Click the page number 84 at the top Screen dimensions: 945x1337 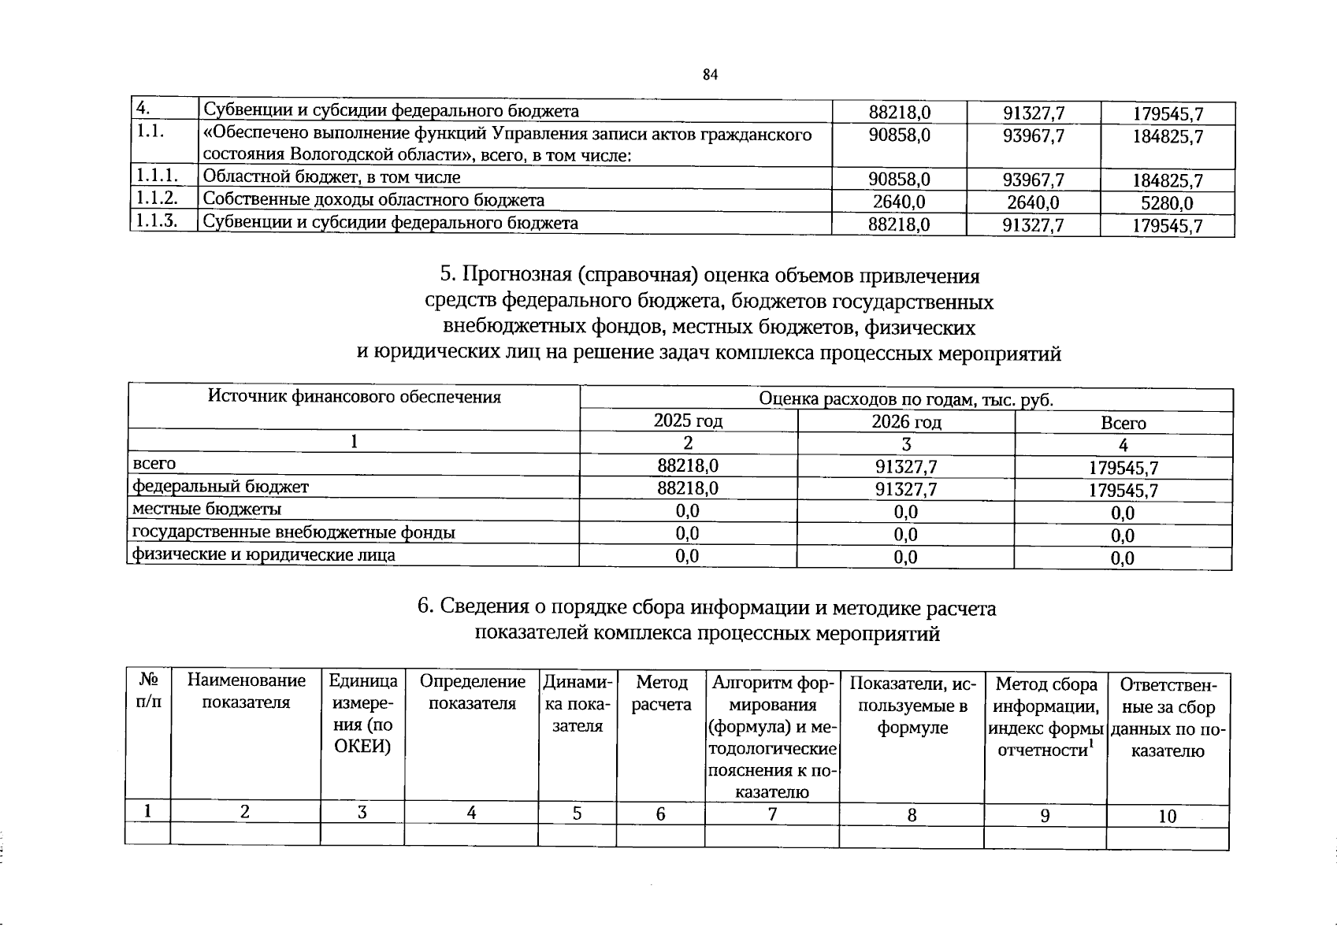coord(710,75)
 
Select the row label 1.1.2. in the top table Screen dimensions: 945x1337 coord(155,198)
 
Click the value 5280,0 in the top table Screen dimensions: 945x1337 coord(1167,203)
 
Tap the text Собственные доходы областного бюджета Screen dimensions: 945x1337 coord(373,200)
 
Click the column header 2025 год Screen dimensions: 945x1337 coord(688,421)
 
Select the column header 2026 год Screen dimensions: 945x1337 coord(906,422)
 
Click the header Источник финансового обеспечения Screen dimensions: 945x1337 coord(354,397)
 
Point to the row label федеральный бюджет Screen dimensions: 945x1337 coord(221,487)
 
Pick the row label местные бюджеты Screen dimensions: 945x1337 coord(206,510)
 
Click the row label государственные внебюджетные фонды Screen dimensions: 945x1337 coord(293,532)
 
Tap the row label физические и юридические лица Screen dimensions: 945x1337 coord(263,555)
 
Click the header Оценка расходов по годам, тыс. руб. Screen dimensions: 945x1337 coord(906,399)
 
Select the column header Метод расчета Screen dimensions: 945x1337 coord(661,693)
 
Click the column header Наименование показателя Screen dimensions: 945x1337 coord(246,691)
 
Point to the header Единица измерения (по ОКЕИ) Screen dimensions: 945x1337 coord(362,713)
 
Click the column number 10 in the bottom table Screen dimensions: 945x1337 coord(1167,816)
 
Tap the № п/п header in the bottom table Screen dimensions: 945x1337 coord(148,690)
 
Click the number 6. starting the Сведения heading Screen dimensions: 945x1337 coord(425,607)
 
